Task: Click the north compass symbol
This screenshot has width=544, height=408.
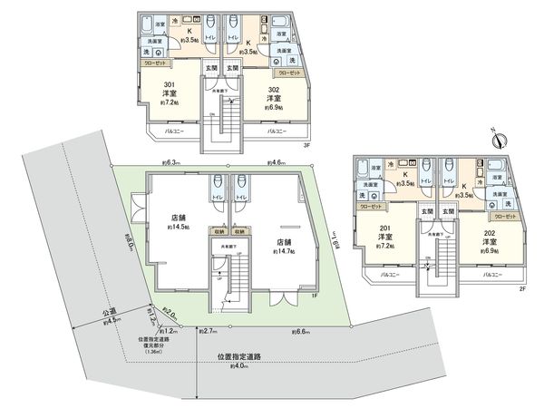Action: pyautogui.click(x=497, y=139)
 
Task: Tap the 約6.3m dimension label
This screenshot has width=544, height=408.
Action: pyautogui.click(x=170, y=163)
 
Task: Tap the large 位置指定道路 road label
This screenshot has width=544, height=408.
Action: pyautogui.click(x=253, y=356)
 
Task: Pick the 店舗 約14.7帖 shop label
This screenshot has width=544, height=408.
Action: pyautogui.click(x=284, y=247)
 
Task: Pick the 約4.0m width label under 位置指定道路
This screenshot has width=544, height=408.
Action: pyautogui.click(x=253, y=367)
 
